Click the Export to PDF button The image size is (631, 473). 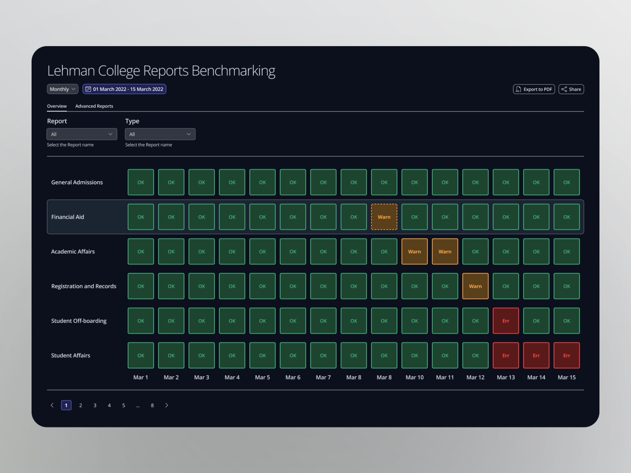point(534,89)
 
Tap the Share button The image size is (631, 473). point(571,89)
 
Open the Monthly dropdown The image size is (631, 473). point(62,89)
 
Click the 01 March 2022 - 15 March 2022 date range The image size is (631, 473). point(124,89)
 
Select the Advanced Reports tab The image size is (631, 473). point(94,106)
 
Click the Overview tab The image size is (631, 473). point(57,106)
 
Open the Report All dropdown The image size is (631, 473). point(82,134)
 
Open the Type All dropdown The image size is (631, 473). point(160,134)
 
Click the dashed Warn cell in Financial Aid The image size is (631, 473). point(384,217)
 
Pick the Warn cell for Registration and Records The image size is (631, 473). point(475,286)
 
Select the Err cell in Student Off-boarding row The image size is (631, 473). point(506,321)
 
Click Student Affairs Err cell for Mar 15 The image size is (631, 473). point(567,355)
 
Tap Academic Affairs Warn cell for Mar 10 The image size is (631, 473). point(414,251)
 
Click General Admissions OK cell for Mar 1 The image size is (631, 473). point(141,182)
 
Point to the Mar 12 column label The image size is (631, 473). point(475,377)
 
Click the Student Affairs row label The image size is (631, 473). point(71,355)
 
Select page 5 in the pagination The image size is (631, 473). point(123,405)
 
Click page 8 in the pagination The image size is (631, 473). point(152,405)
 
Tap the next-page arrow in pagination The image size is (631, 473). point(167,405)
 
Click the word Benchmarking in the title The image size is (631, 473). point(233,71)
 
